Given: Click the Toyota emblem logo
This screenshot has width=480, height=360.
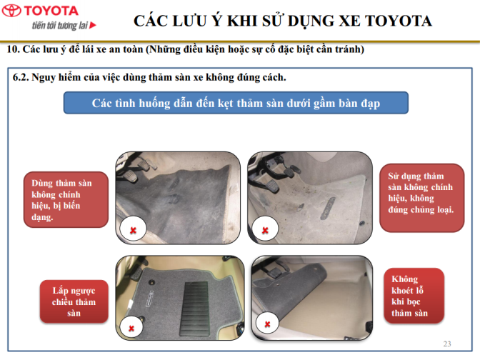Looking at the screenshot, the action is tap(11, 11).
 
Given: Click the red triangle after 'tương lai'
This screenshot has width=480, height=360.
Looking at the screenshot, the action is tap(93, 25).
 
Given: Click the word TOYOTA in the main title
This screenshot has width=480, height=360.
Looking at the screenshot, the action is tap(399, 21).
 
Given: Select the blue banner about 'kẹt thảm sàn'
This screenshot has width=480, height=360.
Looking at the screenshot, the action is tap(236, 103).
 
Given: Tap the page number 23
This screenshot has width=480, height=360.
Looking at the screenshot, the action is tap(447, 344).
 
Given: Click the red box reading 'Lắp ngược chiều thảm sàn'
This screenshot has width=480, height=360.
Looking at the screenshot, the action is tap(74, 301).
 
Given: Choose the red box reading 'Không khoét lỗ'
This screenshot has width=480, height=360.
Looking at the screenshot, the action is tap(414, 296).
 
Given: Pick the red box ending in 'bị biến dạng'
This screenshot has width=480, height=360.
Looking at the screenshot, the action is tap(66, 199).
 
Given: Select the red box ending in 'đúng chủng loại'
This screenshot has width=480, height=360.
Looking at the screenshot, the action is tap(422, 197).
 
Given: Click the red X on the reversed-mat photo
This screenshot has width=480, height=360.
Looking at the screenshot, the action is tap(131, 329).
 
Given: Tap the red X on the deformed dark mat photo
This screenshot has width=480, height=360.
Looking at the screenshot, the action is tap(133, 231).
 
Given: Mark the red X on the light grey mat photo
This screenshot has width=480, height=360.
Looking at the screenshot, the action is tap(265, 230).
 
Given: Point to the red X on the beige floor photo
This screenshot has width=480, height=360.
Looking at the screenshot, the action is tap(267, 324).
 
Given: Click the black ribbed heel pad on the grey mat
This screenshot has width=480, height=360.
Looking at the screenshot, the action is tap(195, 309).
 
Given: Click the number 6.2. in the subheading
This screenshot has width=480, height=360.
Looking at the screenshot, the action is tap(21, 77).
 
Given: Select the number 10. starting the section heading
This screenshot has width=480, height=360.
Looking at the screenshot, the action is tap(13, 49).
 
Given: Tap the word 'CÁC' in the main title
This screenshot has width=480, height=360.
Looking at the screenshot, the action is tap(150, 21).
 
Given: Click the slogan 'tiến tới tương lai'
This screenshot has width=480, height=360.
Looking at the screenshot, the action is tap(60, 25).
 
